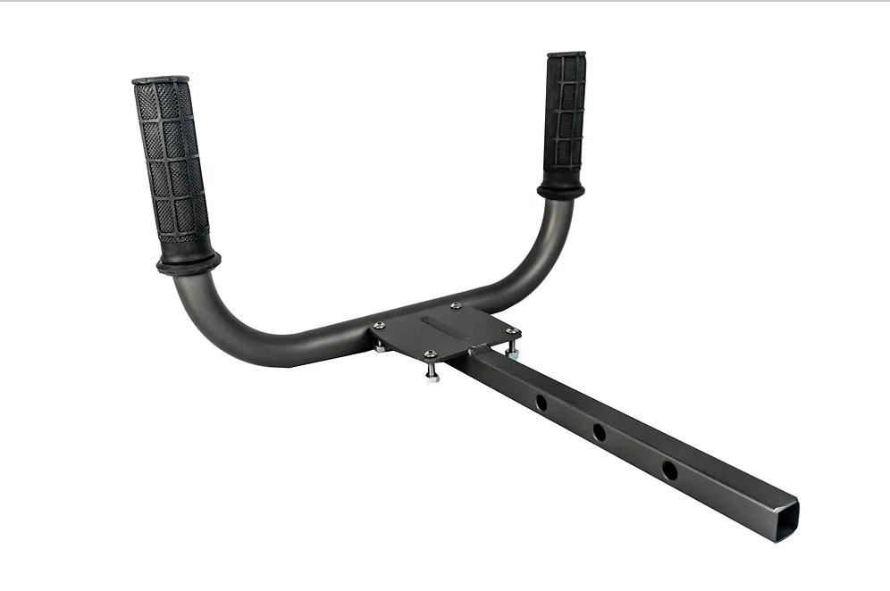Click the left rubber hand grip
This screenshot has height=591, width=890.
point(172,166)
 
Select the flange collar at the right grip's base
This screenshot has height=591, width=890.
point(561,189)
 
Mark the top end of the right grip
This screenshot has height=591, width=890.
point(567,55)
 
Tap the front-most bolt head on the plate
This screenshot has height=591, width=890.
point(431,354)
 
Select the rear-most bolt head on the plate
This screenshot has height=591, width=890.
point(457,305)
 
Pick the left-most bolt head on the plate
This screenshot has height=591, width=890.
point(380,325)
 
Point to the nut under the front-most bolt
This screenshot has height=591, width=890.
point(432,377)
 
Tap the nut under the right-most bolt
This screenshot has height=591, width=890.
point(513,354)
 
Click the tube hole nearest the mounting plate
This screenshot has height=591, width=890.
point(542,403)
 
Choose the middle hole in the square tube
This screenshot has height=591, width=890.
point(599,433)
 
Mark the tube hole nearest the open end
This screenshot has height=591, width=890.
point(669,470)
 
